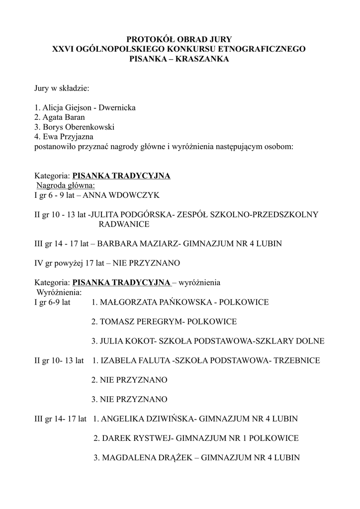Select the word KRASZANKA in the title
205,59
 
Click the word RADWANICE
124,224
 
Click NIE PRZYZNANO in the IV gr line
146,263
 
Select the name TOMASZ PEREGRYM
141,322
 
